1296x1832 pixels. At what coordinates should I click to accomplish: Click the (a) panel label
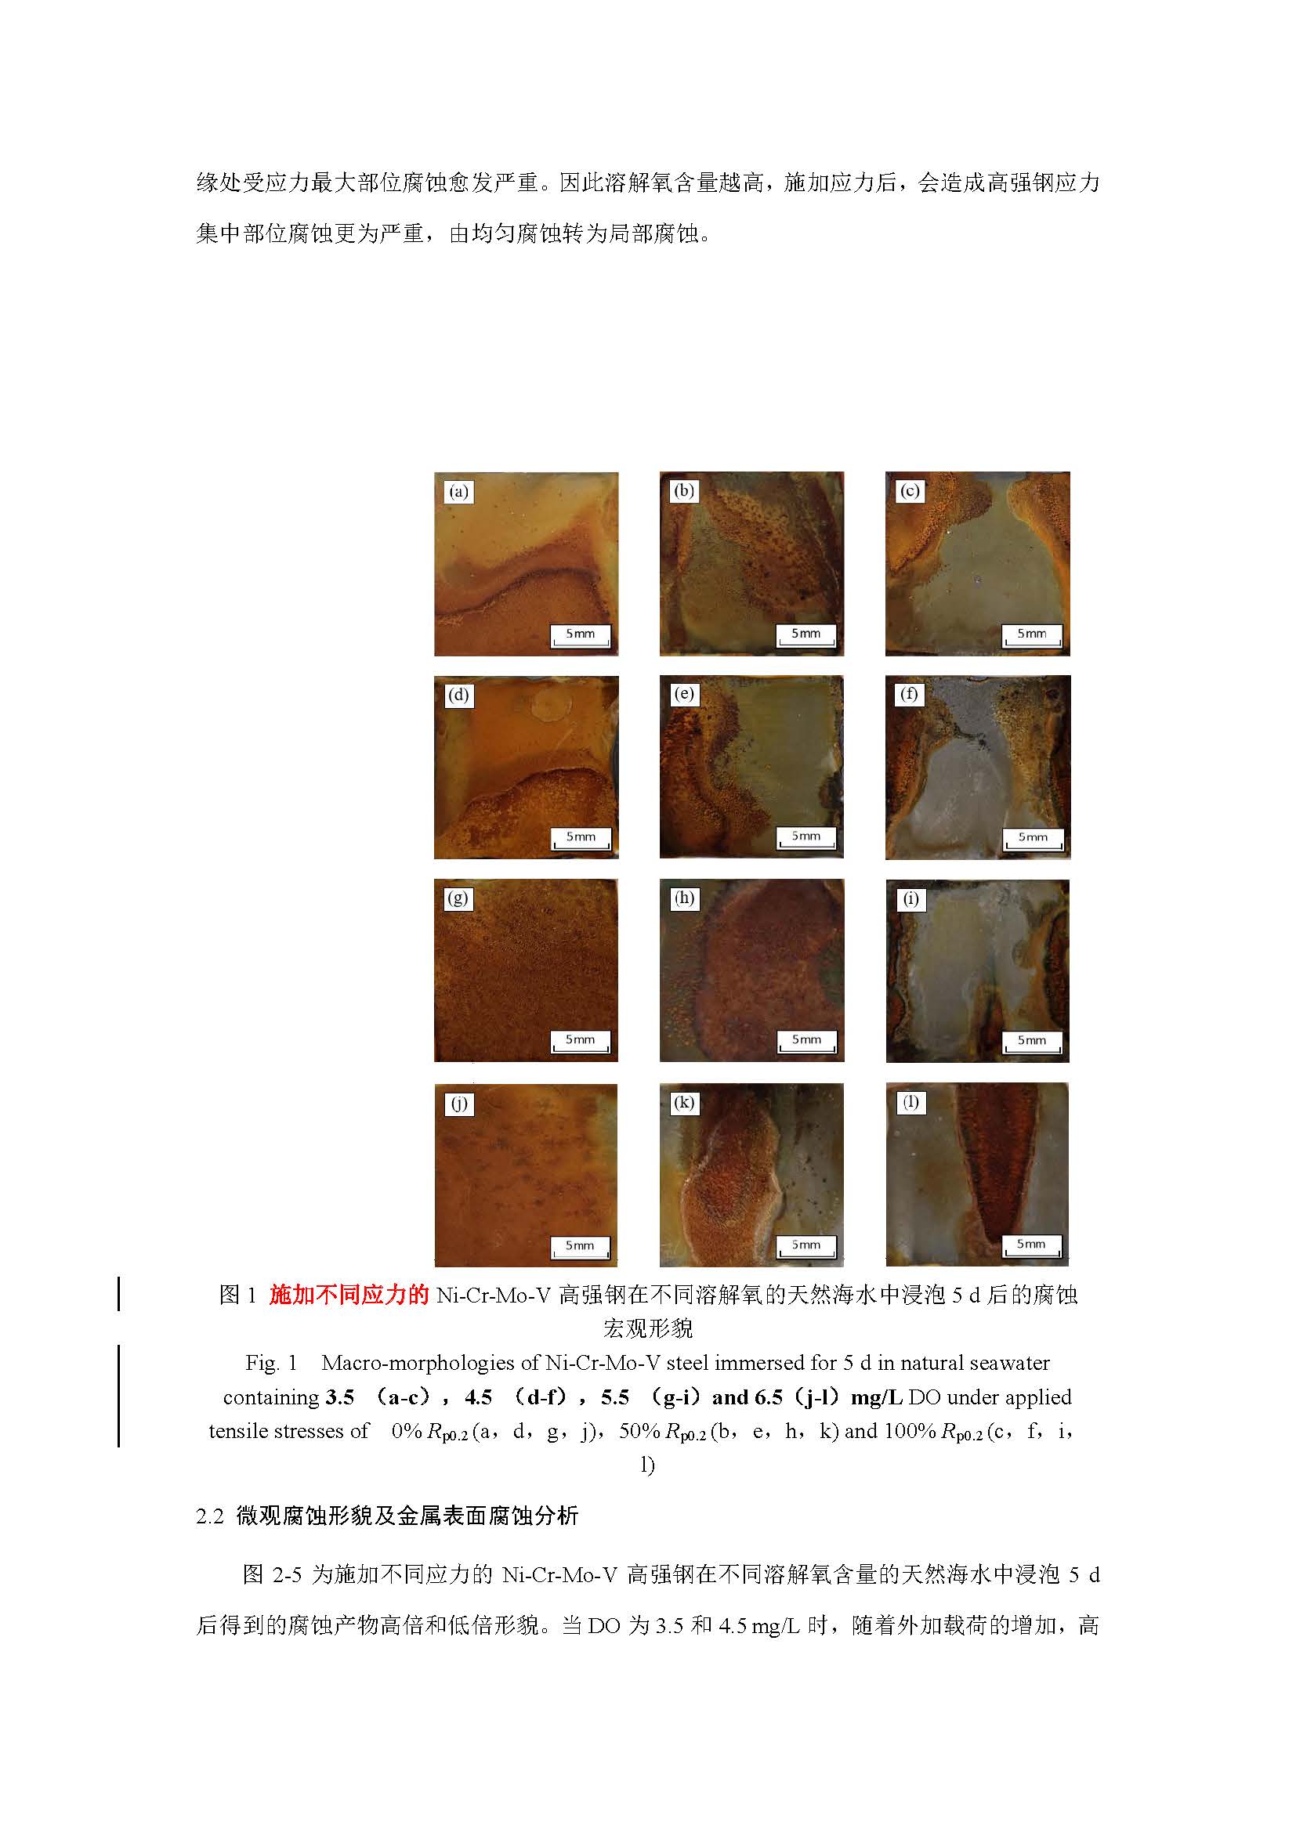pos(458,492)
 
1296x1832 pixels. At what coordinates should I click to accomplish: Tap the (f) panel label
pos(909,694)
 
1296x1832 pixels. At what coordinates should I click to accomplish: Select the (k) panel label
pos(684,1103)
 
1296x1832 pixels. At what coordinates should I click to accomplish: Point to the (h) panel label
pos(684,898)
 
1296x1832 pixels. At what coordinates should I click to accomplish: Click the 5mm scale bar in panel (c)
pos(1031,635)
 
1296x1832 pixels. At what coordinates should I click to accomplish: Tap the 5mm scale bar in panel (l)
pos(1031,1245)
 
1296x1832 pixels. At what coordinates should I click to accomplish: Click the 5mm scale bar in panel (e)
pos(806,838)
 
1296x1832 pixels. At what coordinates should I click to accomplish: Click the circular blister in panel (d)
pos(548,706)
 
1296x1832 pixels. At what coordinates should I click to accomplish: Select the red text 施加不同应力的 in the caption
pos(349,1295)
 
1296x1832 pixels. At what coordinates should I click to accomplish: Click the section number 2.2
pos(210,1517)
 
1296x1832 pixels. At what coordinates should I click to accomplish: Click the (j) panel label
pos(459,1104)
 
